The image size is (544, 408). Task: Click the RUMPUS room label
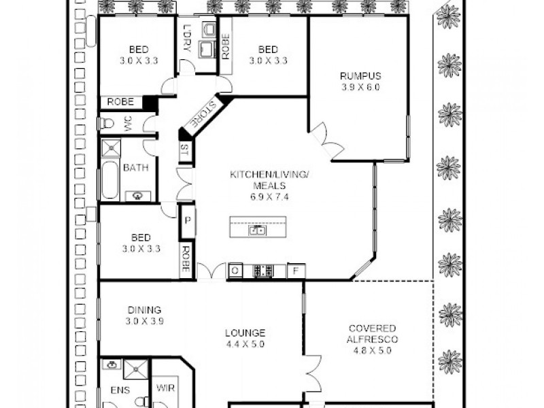click(x=360, y=76)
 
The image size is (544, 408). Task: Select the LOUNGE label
click(x=245, y=333)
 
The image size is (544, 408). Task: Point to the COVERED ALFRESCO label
click(x=372, y=333)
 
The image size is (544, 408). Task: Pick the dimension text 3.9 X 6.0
click(x=360, y=87)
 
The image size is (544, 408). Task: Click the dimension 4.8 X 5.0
click(x=372, y=350)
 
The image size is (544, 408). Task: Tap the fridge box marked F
click(x=296, y=271)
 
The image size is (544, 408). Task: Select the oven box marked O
click(x=235, y=271)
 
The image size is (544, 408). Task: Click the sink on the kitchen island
click(x=258, y=230)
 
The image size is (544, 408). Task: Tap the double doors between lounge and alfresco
click(x=311, y=373)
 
